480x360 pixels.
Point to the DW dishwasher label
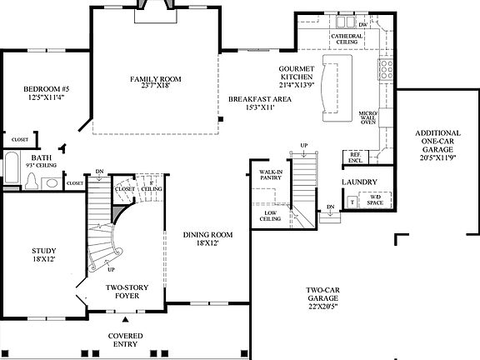click(x=362, y=25)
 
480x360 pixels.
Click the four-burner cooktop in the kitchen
click(x=386, y=70)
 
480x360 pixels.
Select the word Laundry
click(x=359, y=182)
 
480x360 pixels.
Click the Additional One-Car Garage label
click(x=437, y=143)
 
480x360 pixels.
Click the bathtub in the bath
click(x=12, y=167)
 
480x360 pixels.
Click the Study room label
click(x=43, y=254)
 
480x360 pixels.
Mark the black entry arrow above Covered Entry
click(x=126, y=319)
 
